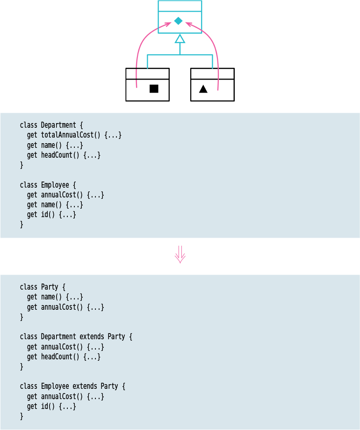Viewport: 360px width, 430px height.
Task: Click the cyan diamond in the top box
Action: (178, 21)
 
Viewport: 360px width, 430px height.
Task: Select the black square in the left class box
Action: (154, 88)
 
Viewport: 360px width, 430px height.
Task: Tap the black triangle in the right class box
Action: (203, 89)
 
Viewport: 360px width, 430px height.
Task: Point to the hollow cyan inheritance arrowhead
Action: (180, 38)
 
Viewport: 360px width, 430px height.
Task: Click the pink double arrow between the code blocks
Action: (180, 255)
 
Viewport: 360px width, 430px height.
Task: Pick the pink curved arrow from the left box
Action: (138, 51)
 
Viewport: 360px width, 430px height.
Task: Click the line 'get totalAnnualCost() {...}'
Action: (74, 135)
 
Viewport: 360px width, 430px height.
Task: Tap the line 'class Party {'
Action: (43, 287)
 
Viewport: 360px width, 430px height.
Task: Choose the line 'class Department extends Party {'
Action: (76, 336)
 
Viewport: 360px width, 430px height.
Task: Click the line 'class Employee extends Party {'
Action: (72, 386)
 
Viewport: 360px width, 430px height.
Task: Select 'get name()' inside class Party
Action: (55, 297)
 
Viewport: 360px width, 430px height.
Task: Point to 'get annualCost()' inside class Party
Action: (65, 307)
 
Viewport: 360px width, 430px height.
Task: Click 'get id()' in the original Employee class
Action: (51, 215)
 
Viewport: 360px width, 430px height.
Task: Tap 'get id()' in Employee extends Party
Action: (51, 406)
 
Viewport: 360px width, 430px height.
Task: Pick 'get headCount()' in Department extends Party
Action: (64, 357)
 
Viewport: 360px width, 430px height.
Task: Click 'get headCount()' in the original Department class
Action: (64, 155)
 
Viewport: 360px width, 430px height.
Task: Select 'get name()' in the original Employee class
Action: (55, 204)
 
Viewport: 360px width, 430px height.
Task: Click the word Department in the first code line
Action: (58, 125)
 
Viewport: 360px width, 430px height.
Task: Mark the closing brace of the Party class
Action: (22, 317)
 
